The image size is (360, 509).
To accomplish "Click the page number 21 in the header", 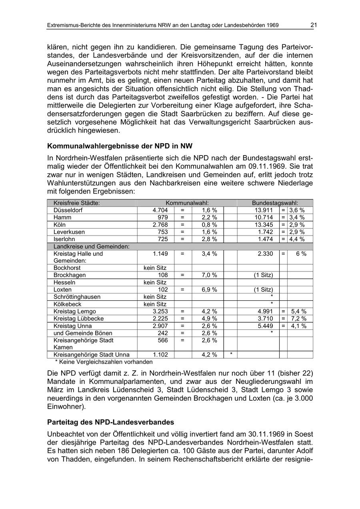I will coord(313,25).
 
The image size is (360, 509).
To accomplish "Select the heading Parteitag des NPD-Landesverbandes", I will coord(110,422).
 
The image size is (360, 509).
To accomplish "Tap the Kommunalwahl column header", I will coord(187,203).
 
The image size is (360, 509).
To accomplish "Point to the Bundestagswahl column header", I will coord(275,203).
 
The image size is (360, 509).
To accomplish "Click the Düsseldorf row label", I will coord(68,210).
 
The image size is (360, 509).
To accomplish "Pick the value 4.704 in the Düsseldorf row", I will coord(160,210).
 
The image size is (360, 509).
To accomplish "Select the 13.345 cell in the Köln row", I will coord(264,225).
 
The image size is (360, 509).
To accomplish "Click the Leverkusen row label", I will coord(69,232).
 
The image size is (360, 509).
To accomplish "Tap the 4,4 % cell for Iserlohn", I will coord(296,239).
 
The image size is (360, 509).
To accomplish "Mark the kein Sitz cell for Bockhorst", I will coord(155,268).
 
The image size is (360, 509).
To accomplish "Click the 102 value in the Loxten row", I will coord(163,289).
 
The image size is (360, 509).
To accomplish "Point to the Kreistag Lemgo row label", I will coord(75,311).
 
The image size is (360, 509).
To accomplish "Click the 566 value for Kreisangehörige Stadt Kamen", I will coord(163,340).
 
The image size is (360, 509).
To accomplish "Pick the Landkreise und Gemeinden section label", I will coord(92,246).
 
